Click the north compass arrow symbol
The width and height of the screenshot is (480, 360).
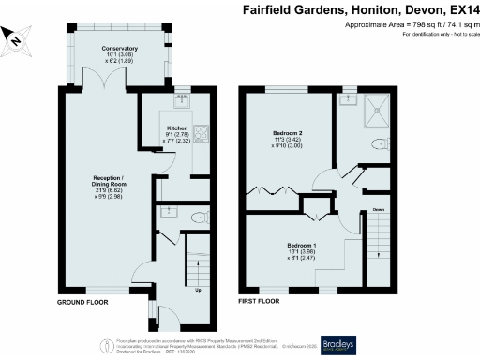(x=16, y=37)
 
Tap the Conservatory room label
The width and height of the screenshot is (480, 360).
(x=103, y=52)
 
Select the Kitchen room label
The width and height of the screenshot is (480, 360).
(x=178, y=127)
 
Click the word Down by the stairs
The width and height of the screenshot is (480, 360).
(x=378, y=210)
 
